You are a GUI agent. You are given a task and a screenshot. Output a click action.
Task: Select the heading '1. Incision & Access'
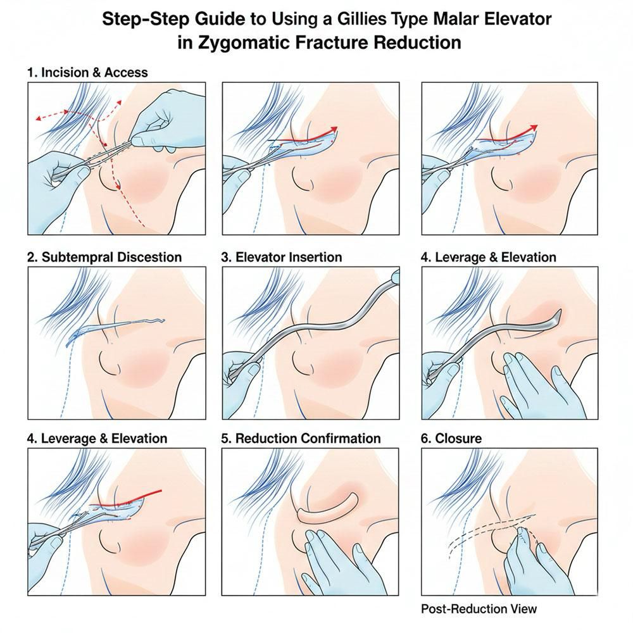click(87, 72)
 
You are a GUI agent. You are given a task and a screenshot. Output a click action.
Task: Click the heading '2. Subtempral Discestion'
click(104, 257)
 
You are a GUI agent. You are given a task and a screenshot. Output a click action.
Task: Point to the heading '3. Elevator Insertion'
click(282, 257)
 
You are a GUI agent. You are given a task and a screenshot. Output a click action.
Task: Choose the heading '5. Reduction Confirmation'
click(301, 439)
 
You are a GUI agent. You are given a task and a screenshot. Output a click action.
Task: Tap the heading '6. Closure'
click(451, 439)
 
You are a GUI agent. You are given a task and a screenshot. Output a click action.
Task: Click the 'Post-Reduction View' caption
click(479, 609)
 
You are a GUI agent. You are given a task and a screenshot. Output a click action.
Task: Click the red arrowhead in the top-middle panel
click(332, 130)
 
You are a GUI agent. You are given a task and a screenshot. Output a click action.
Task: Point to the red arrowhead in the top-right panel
click(533, 128)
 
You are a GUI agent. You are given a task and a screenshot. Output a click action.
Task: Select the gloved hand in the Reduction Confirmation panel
click(339, 561)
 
